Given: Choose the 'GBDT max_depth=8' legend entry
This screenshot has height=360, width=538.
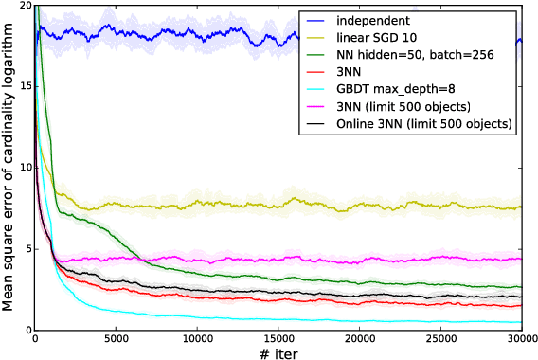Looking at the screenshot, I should [392, 90].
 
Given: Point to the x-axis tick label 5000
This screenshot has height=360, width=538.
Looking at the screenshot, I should [116, 338].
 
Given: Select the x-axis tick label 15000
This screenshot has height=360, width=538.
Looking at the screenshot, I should [278, 338].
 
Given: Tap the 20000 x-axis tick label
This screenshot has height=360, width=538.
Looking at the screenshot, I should [359, 338].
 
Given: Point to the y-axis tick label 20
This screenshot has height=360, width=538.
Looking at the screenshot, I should [24, 6].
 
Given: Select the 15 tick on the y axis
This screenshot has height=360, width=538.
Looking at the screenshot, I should [24, 86].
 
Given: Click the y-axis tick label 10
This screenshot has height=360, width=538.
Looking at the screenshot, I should [24, 168].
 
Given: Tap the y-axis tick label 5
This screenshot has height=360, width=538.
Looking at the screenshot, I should [27, 249].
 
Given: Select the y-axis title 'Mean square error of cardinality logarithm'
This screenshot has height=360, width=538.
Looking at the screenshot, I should [9, 167].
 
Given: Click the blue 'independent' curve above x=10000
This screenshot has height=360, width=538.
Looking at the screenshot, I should [197, 37].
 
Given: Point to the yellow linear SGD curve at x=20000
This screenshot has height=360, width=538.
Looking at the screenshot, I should [359, 207].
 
